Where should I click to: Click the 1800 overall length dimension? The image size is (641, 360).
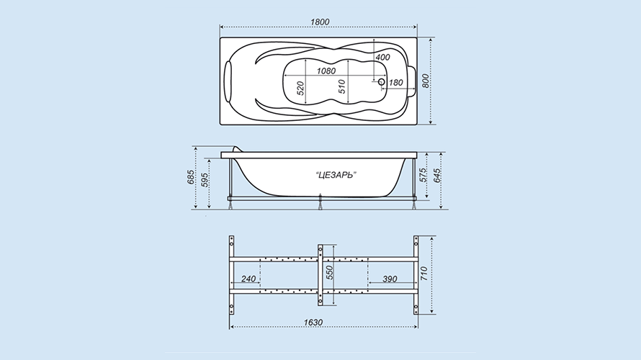click(x=320, y=22)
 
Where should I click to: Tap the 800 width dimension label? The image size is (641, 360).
click(x=426, y=81)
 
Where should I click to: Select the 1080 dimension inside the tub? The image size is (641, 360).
click(x=326, y=71)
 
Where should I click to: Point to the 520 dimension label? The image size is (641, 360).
click(x=300, y=89)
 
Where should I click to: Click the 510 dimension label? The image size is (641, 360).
click(x=342, y=86)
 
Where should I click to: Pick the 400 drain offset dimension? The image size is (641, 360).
click(x=382, y=57)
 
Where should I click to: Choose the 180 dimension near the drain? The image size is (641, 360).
click(x=395, y=83)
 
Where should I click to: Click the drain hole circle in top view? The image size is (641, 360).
click(x=382, y=82)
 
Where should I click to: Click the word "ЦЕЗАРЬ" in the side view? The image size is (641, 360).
click(x=336, y=175)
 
